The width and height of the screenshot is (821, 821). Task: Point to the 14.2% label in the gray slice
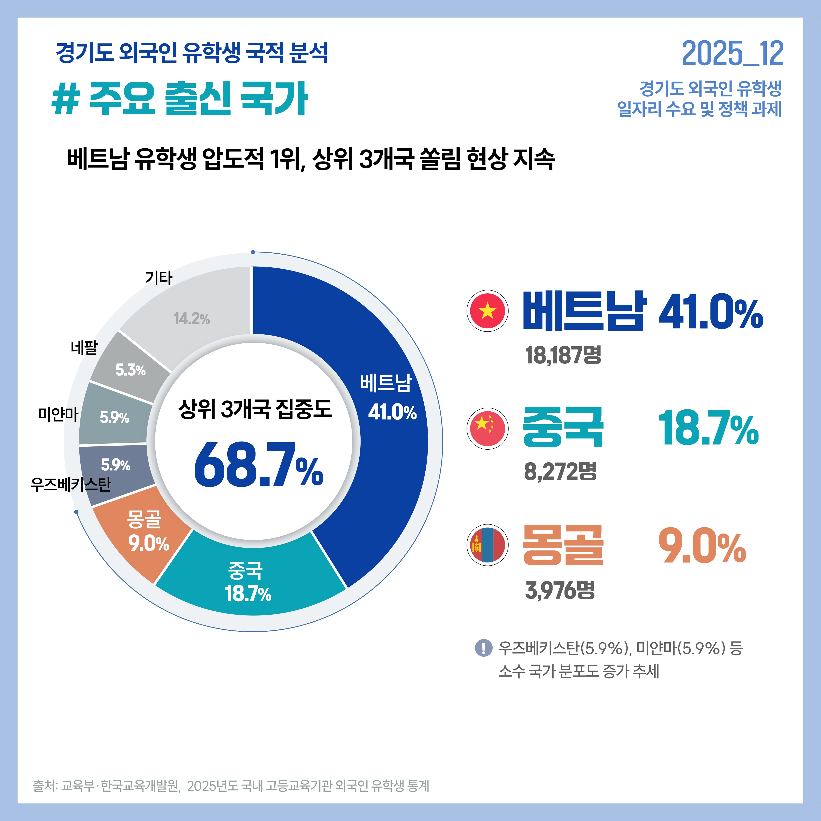192,319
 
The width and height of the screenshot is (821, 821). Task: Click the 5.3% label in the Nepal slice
130,370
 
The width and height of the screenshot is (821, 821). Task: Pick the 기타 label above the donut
158,278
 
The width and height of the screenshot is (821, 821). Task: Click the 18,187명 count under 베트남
563,355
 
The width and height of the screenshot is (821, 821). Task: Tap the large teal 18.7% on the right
708,428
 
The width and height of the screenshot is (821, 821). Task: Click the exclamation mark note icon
483,648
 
